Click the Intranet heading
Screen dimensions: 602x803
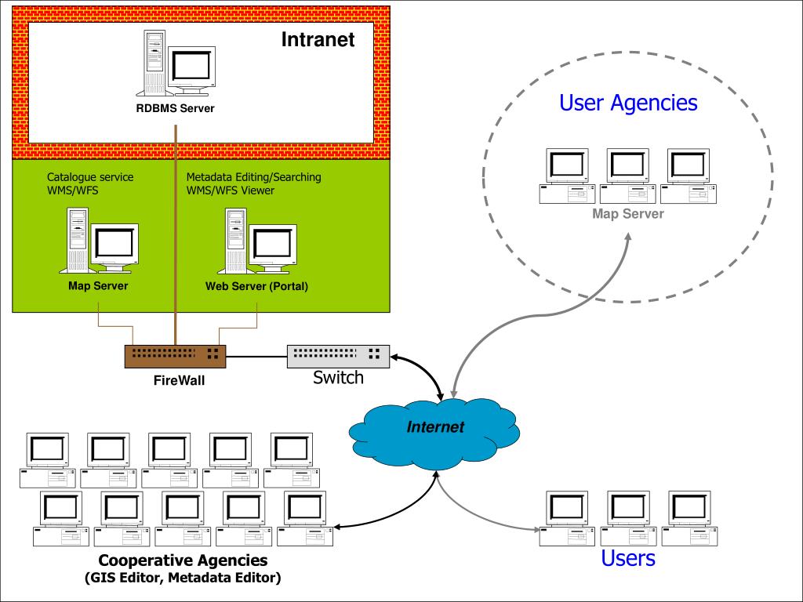[x=318, y=39]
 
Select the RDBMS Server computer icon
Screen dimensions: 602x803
[x=179, y=63]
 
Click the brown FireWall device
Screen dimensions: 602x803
[x=175, y=357]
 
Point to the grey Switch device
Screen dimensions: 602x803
[x=338, y=356]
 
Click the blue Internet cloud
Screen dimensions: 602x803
[x=434, y=429]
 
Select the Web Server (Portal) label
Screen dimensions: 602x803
[x=256, y=286]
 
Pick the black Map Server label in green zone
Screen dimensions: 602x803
[x=98, y=285]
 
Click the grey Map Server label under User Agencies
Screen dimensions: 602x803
[x=627, y=214]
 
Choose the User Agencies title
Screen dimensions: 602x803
[x=628, y=103]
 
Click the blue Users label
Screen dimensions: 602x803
[x=627, y=558]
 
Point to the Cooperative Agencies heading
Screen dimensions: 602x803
[x=183, y=561]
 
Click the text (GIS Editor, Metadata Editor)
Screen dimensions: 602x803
[x=183, y=578]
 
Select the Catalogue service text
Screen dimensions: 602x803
[x=90, y=177]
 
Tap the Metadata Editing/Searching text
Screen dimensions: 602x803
[x=253, y=177]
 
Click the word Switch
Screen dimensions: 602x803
[x=338, y=378]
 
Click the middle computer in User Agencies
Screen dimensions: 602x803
[x=627, y=176]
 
